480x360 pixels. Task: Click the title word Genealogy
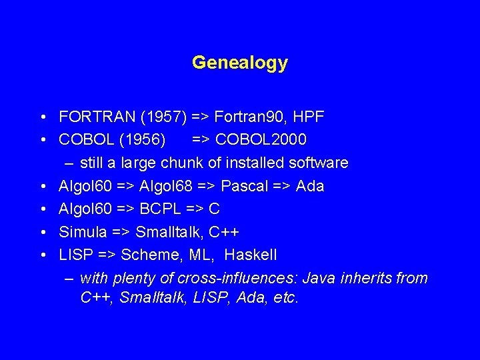pos(239,63)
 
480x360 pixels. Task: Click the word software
pos(316,163)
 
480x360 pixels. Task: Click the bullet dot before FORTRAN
pos(42,118)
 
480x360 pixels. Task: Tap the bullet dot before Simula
pos(42,233)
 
